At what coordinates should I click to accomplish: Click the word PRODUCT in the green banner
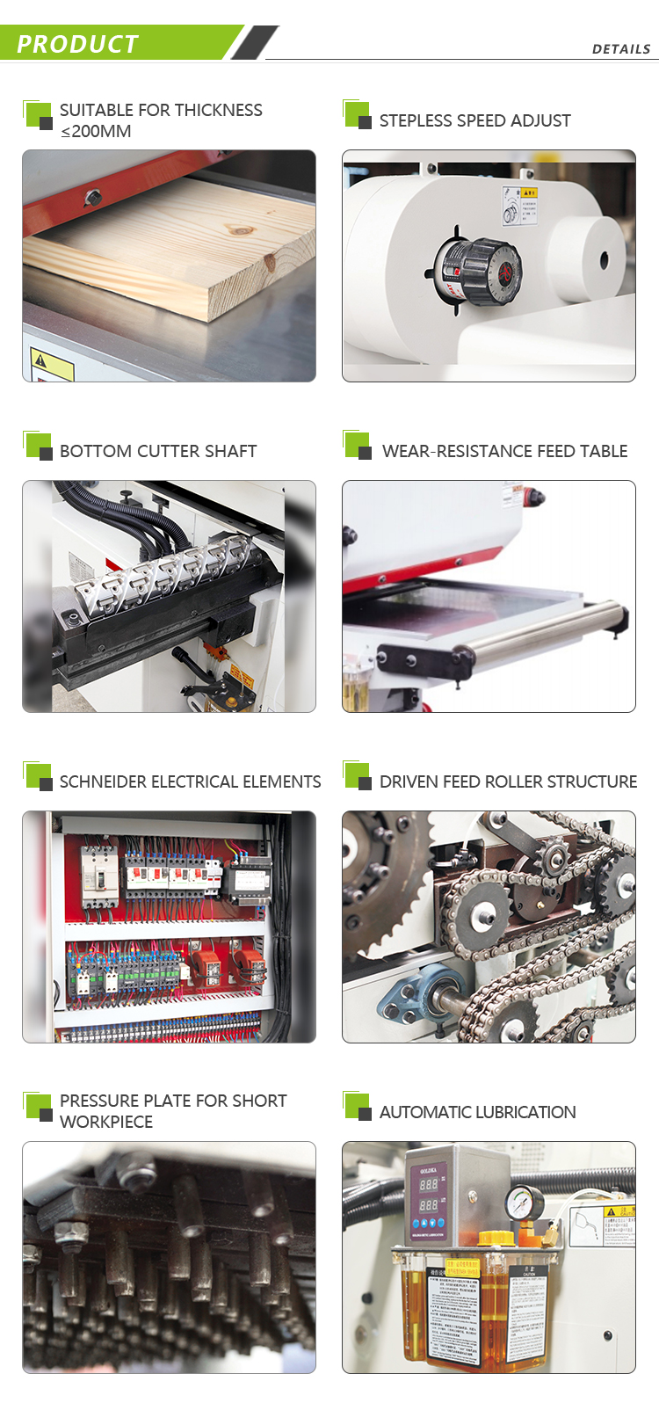(x=77, y=44)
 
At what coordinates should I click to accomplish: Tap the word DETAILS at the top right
(x=620, y=49)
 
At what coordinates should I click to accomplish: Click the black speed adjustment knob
(x=479, y=270)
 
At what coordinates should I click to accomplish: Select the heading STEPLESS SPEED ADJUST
(x=474, y=120)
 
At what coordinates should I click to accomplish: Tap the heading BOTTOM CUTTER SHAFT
(x=158, y=451)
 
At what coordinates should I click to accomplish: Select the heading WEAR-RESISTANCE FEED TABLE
(x=504, y=451)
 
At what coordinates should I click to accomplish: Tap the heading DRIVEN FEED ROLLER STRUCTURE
(x=508, y=781)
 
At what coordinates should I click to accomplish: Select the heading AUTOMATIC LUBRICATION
(x=477, y=1112)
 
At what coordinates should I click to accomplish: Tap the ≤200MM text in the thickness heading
(x=96, y=132)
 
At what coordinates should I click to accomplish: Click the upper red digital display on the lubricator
(x=428, y=1184)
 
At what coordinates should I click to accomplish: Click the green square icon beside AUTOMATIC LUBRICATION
(x=357, y=1106)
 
